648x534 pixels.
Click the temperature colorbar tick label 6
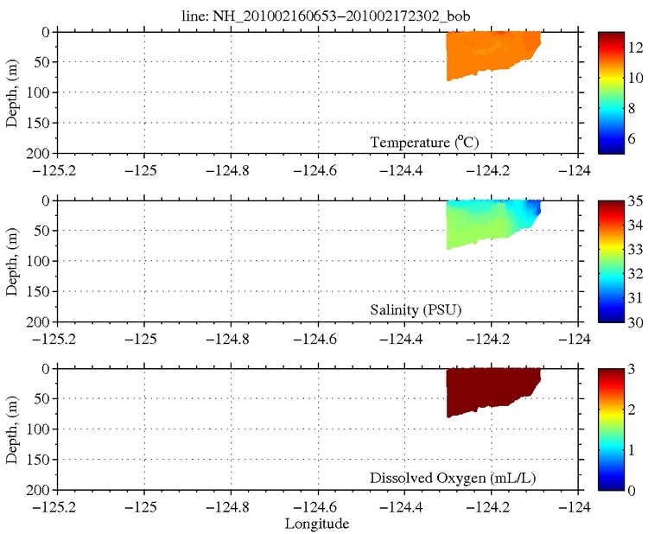point(631,137)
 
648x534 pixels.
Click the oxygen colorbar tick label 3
point(631,368)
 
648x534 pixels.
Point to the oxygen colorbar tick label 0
point(631,490)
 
